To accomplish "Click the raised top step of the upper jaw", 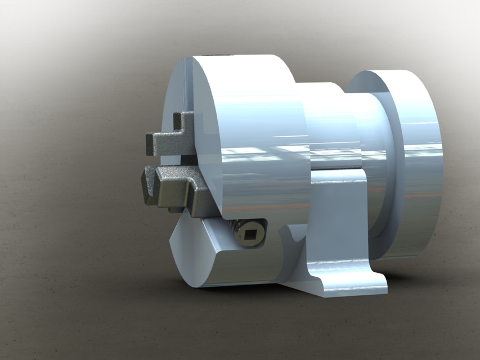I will point(186,119).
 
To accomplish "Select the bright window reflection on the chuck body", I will point(259,152).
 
